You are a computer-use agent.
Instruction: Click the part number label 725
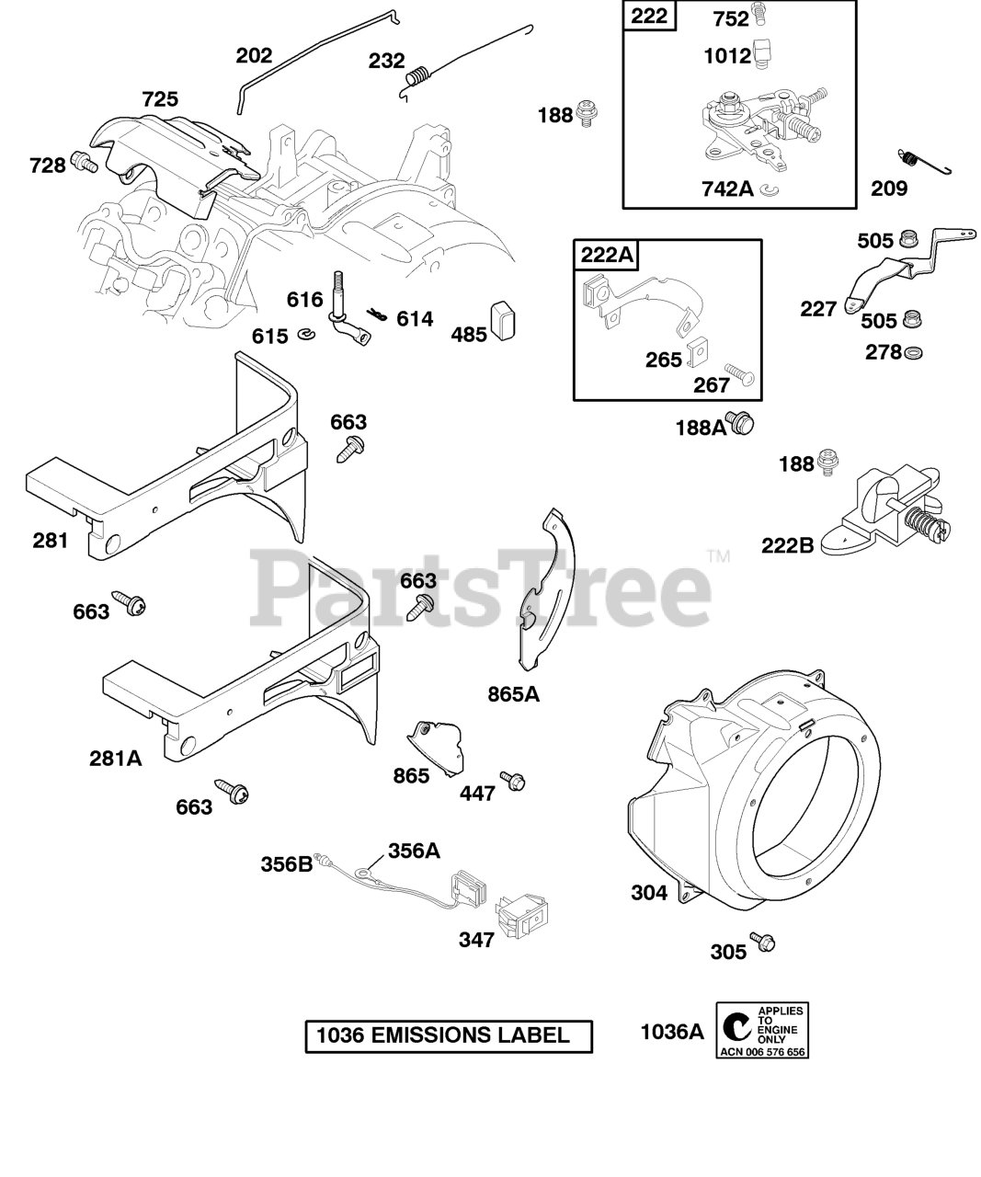coord(160,99)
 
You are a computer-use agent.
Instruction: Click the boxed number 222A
coord(608,255)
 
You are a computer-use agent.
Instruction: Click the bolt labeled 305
coord(762,942)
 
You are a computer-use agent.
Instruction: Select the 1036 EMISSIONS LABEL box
coord(449,1035)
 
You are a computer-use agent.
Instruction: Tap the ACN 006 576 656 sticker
coord(762,1031)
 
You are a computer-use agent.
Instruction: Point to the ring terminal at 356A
coord(366,867)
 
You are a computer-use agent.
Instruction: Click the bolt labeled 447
coord(511,780)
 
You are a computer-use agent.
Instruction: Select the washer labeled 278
coord(913,353)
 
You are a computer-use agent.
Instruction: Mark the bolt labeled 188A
coord(741,423)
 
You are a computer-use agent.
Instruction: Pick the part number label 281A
coord(116,759)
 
